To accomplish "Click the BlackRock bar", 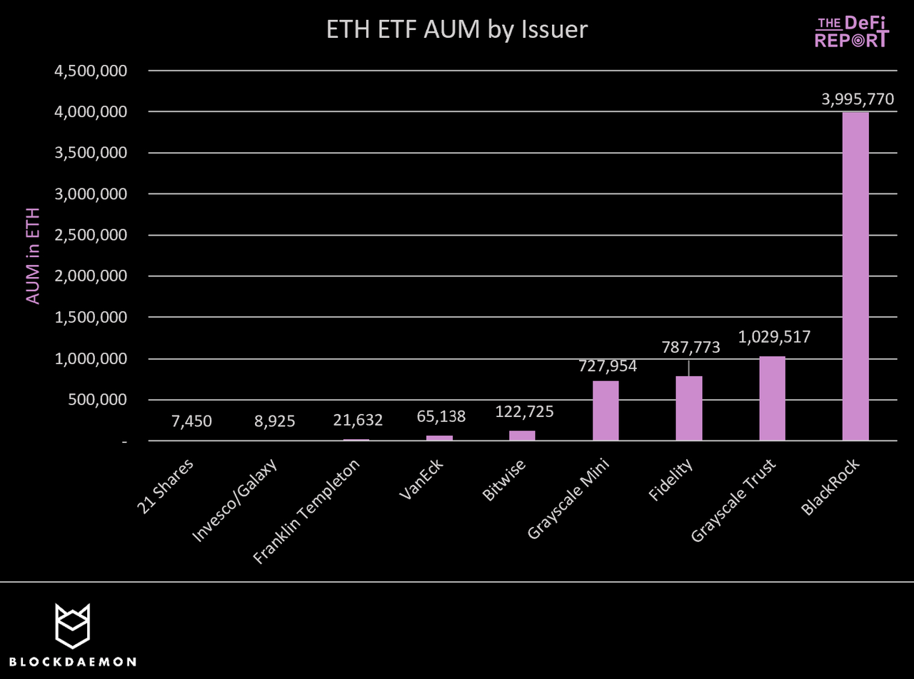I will click(855, 276).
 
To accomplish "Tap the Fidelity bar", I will click(689, 408).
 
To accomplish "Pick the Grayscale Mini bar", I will click(606, 411).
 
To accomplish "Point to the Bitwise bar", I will click(522, 436).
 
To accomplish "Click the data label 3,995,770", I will click(857, 99).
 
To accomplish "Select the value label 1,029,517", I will click(775, 336).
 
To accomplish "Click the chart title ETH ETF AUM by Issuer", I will click(456, 30).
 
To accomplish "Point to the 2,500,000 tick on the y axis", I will click(90, 235).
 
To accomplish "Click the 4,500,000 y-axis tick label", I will click(90, 71).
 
